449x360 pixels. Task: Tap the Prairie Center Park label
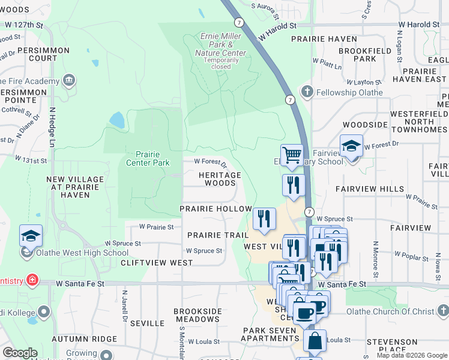click(x=148, y=158)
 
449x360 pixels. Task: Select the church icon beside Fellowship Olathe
click(x=307, y=91)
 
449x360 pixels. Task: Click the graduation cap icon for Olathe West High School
click(x=31, y=236)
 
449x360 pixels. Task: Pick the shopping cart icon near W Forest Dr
click(x=292, y=155)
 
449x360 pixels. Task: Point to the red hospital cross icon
click(x=31, y=280)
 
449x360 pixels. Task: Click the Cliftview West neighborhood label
click(x=157, y=263)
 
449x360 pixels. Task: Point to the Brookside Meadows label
click(x=197, y=316)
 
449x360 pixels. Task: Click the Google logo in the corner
click(x=20, y=353)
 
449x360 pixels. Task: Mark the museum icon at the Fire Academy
click(x=69, y=80)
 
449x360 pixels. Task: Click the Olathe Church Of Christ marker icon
click(x=442, y=311)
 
